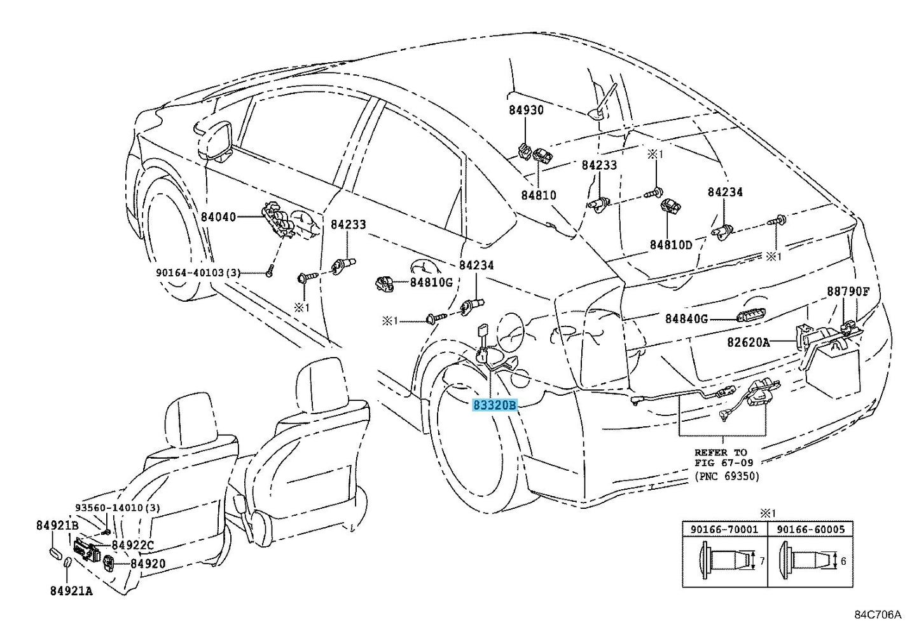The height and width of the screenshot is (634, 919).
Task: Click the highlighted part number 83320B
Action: coord(495,405)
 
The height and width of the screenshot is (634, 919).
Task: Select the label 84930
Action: coord(527,110)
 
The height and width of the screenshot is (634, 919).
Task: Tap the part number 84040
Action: coord(219,217)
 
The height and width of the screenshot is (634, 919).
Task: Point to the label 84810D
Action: coord(671,245)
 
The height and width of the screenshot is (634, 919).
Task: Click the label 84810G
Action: coord(431,282)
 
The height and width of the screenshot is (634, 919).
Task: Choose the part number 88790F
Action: coord(848,292)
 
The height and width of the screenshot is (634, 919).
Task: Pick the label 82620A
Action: coord(749,342)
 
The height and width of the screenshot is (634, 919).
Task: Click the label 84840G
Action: coord(686,318)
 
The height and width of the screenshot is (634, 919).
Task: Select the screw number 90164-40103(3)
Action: coord(198,273)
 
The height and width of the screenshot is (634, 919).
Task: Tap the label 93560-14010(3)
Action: coord(118,508)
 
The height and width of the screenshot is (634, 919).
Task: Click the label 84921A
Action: coord(71,591)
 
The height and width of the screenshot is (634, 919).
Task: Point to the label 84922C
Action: coord(132,545)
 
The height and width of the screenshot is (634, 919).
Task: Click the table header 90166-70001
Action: coord(724,529)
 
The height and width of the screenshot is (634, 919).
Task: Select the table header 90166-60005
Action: coord(811,529)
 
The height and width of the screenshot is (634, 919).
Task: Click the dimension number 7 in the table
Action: coord(762,561)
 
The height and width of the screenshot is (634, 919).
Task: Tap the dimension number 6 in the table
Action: coord(843,561)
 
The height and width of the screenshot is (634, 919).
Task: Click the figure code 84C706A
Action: coord(878,615)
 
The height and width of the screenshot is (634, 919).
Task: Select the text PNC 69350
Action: coord(726,476)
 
